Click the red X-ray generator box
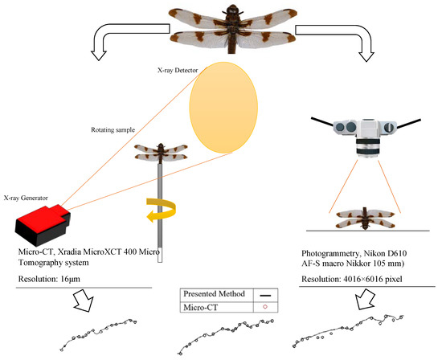(43, 225)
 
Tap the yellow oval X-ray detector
(223, 108)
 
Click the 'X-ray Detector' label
(178, 70)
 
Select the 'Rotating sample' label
(113, 130)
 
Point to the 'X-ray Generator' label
(26, 198)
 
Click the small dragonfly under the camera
(366, 219)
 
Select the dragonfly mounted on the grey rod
(161, 153)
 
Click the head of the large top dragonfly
(232, 10)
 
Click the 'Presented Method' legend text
(214, 294)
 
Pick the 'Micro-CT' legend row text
(200, 307)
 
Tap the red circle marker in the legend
(265, 307)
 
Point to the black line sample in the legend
(265, 296)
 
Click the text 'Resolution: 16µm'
(49, 279)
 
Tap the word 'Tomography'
(42, 263)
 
